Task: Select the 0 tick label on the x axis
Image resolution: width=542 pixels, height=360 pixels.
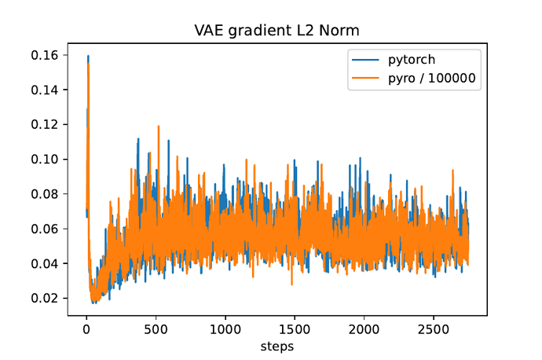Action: click(x=86, y=328)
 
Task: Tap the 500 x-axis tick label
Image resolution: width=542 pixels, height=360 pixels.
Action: click(x=156, y=328)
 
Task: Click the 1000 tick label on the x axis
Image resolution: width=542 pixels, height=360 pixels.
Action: click(x=225, y=328)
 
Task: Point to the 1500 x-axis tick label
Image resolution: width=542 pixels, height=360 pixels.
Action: click(x=294, y=328)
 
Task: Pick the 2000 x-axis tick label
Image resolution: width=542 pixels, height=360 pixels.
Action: click(x=363, y=328)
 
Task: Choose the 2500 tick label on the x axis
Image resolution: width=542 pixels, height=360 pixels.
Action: click(x=432, y=328)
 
